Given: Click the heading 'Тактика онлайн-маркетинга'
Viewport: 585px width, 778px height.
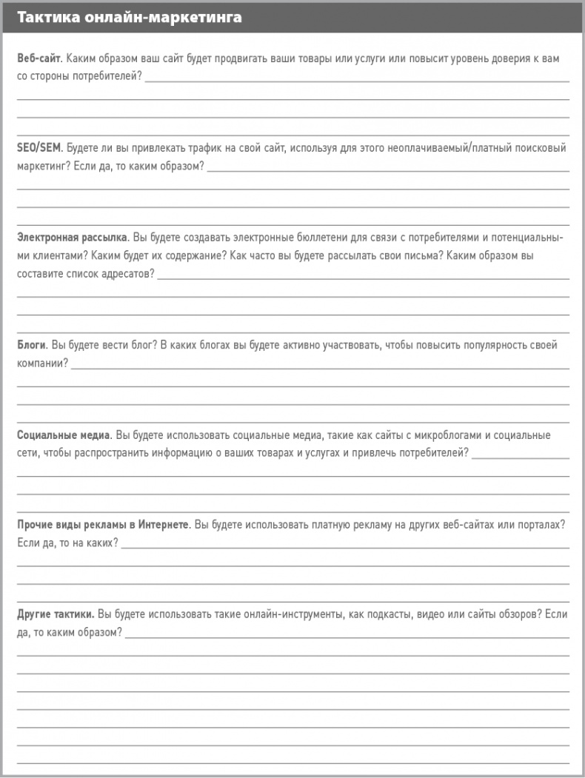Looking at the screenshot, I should coord(130,17).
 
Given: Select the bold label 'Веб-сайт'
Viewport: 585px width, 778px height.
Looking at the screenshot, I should coord(38,58).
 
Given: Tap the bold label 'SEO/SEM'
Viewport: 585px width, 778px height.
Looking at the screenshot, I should coord(39,148).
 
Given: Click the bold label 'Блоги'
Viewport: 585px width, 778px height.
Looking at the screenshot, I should coord(32,346).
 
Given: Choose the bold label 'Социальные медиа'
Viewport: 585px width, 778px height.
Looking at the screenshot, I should coord(64,435).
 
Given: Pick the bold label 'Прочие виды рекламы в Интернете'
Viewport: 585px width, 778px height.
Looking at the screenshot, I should coord(103,525).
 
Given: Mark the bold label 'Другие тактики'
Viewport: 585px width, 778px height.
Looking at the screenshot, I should coord(55,614).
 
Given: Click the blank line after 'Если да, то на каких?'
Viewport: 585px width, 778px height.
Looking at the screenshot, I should coord(344,546).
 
